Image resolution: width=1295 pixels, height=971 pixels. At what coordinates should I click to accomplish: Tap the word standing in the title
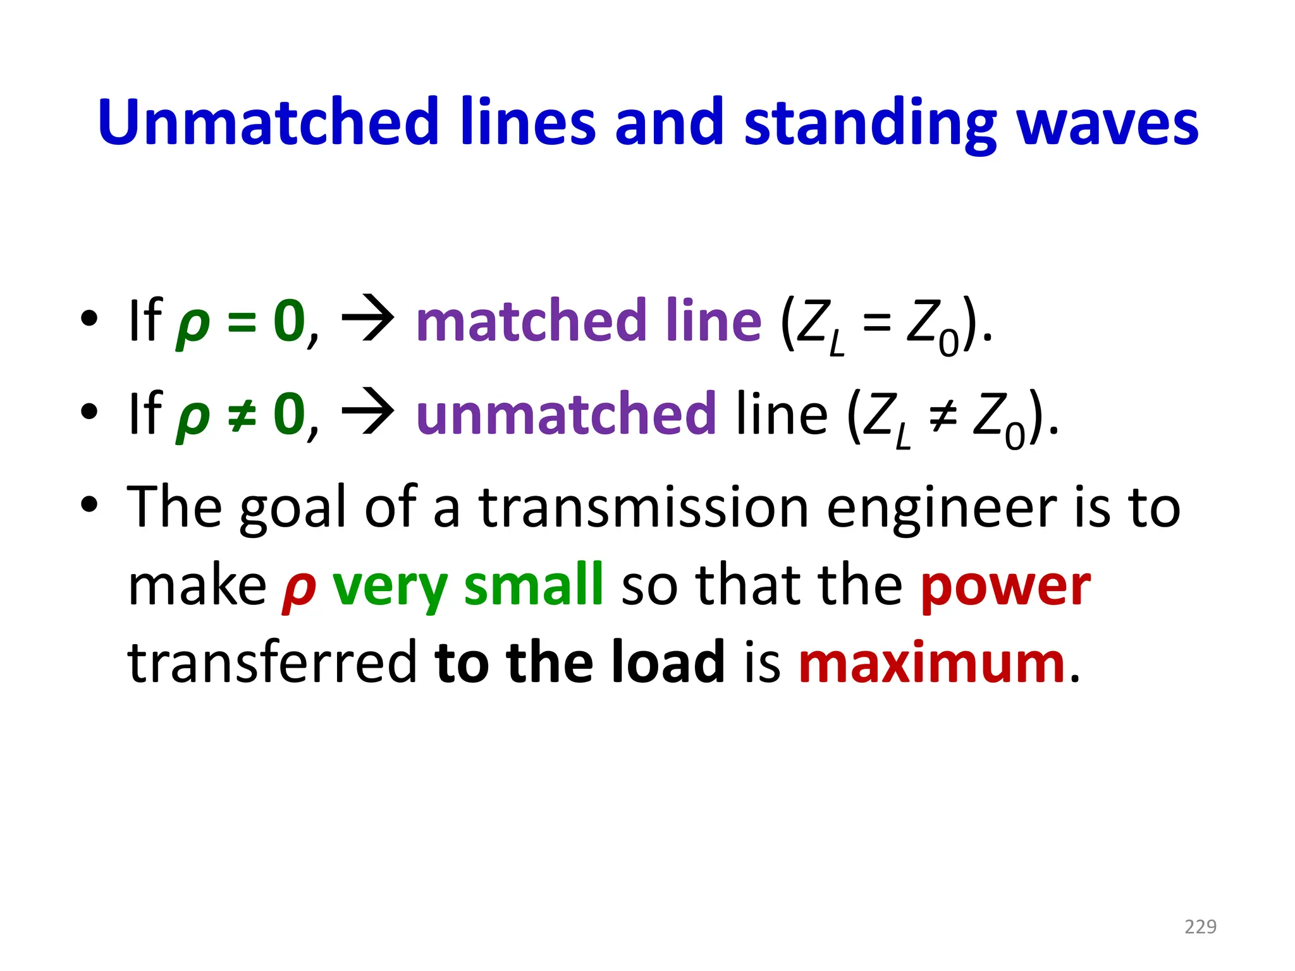[x=870, y=124]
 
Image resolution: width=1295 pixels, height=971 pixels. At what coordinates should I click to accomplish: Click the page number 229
[x=1200, y=927]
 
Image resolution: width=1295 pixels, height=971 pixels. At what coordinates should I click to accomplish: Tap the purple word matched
[x=532, y=321]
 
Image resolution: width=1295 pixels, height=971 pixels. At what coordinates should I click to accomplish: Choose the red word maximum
[x=932, y=663]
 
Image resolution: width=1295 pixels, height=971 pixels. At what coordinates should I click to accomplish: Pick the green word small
[x=534, y=585]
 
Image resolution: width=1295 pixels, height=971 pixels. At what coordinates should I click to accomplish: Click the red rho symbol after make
[x=299, y=589]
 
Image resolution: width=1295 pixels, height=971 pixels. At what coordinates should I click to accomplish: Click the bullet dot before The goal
[x=89, y=505]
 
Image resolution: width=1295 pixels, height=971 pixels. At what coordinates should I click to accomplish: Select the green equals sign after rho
[x=242, y=322]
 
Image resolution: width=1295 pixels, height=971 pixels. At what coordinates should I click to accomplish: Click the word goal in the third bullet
[x=293, y=510]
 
